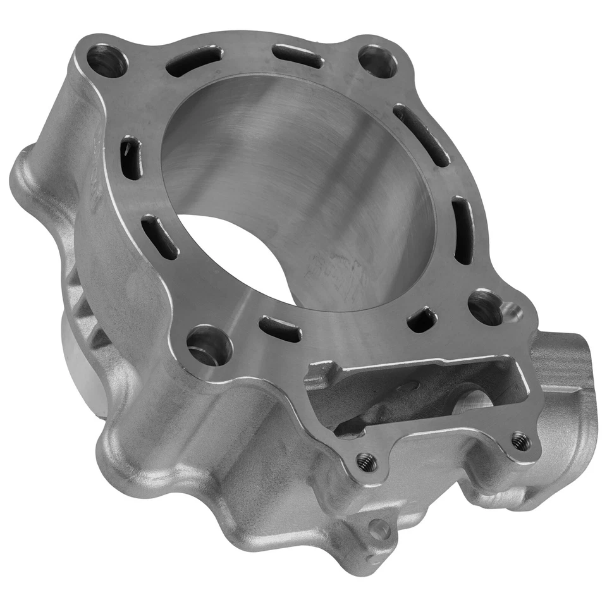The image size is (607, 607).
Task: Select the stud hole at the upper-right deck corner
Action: pyautogui.click(x=377, y=61)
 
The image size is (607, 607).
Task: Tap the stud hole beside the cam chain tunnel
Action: pyautogui.click(x=486, y=307)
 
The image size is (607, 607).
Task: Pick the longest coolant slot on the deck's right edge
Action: pyautogui.click(x=422, y=135)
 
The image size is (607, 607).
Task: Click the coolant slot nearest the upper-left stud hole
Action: pyautogui.click(x=193, y=61)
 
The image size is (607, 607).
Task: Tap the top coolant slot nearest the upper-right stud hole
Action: pyautogui.click(x=298, y=56)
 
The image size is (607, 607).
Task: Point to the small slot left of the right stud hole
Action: pyautogui.click(x=422, y=319)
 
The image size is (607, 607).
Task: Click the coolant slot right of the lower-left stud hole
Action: pyautogui.click(x=280, y=329)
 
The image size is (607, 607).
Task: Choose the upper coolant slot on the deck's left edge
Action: pyautogui.click(x=131, y=158)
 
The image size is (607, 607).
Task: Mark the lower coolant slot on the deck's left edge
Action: pyautogui.click(x=159, y=237)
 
